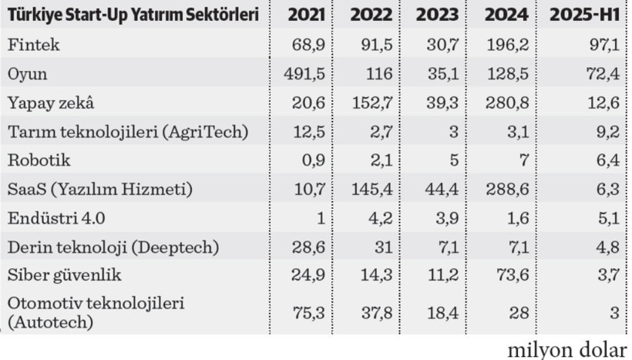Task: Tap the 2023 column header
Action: (439, 15)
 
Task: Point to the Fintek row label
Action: (32, 45)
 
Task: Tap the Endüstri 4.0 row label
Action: (56, 218)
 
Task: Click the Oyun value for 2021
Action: (307, 74)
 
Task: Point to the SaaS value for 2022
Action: (373, 190)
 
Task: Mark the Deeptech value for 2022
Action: (383, 247)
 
